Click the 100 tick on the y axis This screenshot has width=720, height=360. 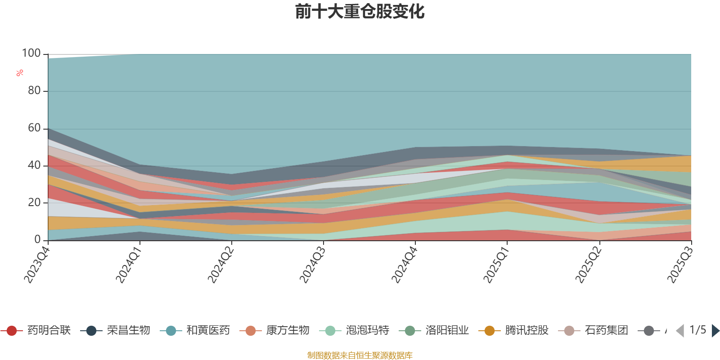(31, 54)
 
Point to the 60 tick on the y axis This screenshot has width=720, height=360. (34, 128)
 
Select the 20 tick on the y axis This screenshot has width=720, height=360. (34, 202)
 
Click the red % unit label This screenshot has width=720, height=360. (20, 73)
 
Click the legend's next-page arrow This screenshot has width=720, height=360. (715, 331)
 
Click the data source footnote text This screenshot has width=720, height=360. (360, 355)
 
